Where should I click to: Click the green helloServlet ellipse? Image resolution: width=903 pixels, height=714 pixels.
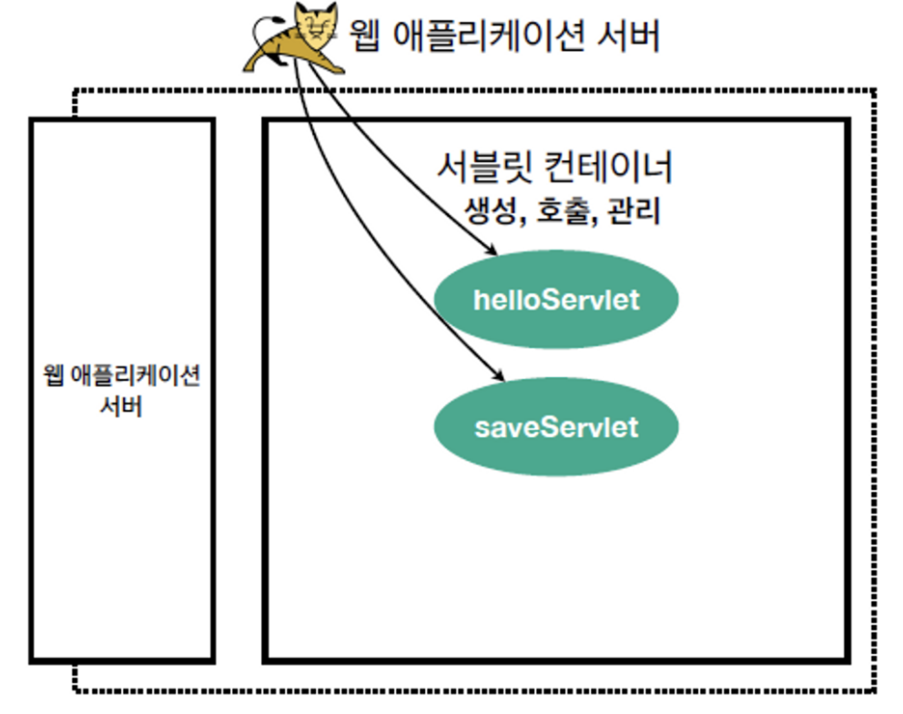point(556,300)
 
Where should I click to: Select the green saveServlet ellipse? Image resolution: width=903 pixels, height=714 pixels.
point(556,426)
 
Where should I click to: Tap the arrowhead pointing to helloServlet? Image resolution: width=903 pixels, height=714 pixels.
point(491,249)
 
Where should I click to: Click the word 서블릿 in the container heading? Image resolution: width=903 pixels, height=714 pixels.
point(477,168)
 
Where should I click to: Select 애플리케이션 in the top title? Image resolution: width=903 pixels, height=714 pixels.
point(485,36)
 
